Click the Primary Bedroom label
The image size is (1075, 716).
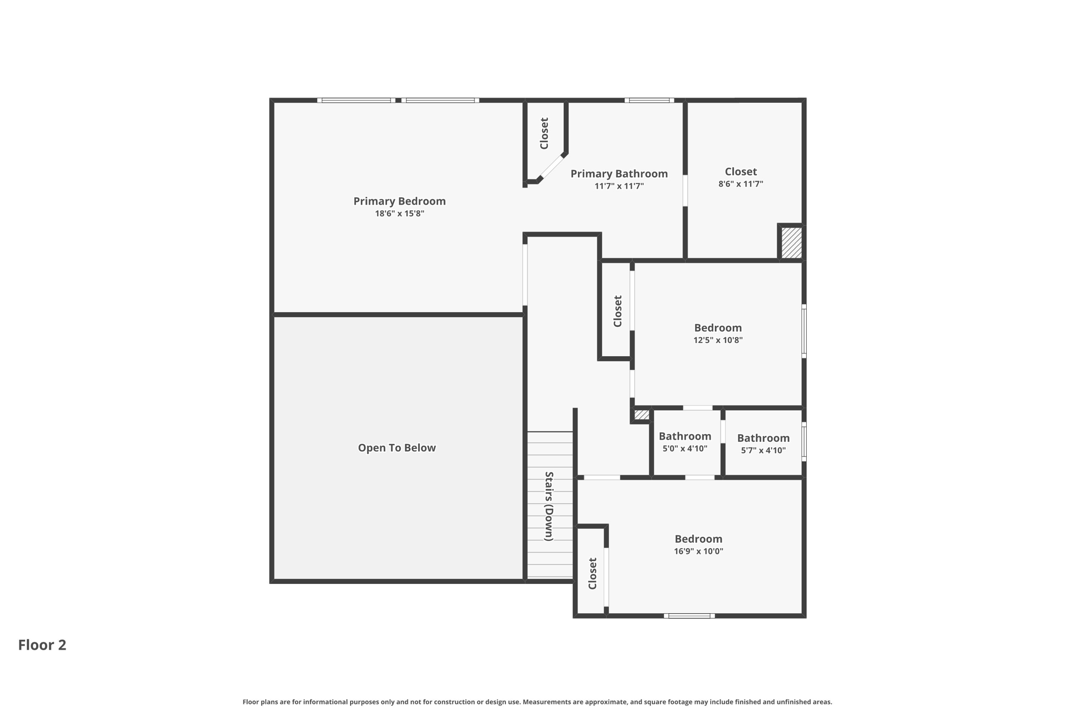(399, 201)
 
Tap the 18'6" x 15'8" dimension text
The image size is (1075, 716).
(399, 213)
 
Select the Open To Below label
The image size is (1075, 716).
(397, 447)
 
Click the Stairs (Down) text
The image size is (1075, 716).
(549, 506)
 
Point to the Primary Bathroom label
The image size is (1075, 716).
(619, 174)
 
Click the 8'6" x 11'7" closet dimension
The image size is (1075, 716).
(741, 184)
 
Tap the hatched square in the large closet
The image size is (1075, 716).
(791, 243)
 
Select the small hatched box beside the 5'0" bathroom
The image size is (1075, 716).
(641, 415)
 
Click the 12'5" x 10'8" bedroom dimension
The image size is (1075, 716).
(718, 340)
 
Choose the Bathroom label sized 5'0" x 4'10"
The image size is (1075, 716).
(685, 436)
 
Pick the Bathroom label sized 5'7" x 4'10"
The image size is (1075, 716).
(763, 438)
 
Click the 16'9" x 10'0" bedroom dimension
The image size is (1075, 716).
(698, 551)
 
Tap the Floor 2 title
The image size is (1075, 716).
(42, 645)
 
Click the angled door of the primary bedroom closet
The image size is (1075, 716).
(552, 167)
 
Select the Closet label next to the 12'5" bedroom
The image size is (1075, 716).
(618, 311)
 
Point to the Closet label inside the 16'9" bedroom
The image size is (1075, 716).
(593, 573)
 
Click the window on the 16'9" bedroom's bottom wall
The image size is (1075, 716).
(689, 616)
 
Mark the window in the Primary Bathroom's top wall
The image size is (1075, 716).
(649, 100)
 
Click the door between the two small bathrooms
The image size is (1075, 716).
(723, 432)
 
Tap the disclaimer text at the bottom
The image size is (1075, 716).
(537, 702)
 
